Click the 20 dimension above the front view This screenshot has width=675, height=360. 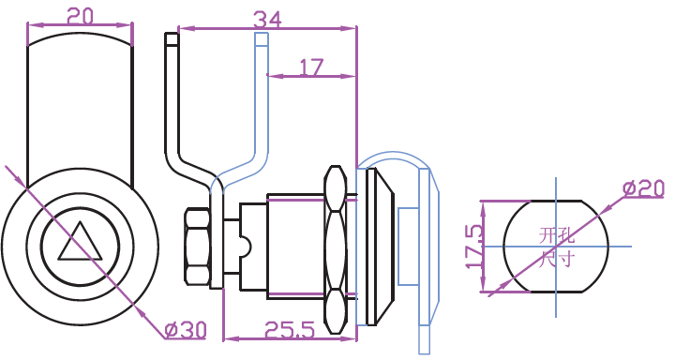tap(81, 16)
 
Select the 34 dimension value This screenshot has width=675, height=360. tap(267, 20)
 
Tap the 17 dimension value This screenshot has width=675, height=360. tap(311, 67)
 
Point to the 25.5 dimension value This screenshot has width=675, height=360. tap(290, 329)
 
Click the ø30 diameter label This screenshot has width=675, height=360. tap(186, 330)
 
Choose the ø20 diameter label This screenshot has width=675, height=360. tap(644, 188)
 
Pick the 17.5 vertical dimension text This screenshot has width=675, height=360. tap(474, 247)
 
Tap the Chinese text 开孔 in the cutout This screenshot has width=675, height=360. tap(557, 236)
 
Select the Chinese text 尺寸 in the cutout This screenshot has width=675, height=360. tap(557, 260)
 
